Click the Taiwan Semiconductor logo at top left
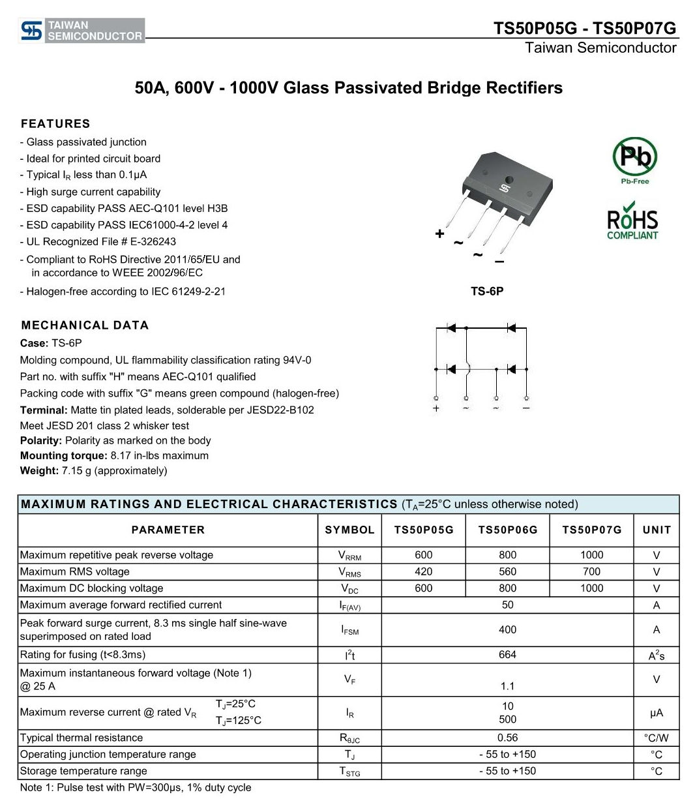[82, 31]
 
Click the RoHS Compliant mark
[632, 224]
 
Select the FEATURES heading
[55, 124]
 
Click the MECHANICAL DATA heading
[85, 325]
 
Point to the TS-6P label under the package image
[487, 292]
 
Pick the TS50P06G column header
[508, 530]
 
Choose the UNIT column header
[657, 530]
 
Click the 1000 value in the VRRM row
[591, 555]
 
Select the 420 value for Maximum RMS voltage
[423, 571]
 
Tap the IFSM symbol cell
[349, 629]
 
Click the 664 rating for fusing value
[507, 655]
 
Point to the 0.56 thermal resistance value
[507, 738]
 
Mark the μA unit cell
[657, 713]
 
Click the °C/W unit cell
[657, 738]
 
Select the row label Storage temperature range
[83, 771]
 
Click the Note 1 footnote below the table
[136, 787]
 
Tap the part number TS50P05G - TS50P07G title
[585, 28]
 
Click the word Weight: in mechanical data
[39, 470]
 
